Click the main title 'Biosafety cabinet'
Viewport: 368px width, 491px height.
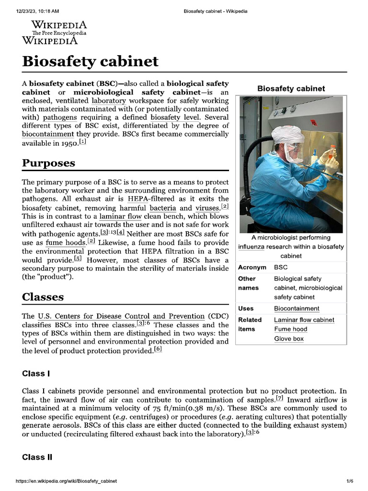click(x=90, y=61)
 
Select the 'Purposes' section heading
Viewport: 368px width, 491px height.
click(x=48, y=163)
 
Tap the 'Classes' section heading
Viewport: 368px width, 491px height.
click(x=43, y=297)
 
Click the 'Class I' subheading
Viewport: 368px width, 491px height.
click(x=36, y=373)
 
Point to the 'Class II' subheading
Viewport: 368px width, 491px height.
click(x=37, y=457)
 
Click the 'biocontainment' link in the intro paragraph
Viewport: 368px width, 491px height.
click(x=48, y=134)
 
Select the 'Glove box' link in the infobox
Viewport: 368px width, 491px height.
click(x=288, y=339)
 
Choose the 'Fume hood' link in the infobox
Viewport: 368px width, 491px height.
click(x=290, y=329)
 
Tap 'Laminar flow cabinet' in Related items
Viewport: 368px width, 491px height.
click(x=304, y=320)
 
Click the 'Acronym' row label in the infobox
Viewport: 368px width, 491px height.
click(x=252, y=267)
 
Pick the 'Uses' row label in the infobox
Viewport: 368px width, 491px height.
click(x=246, y=308)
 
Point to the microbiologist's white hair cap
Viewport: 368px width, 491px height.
click(x=287, y=134)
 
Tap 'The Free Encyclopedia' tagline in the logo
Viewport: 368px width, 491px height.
click(x=59, y=33)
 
